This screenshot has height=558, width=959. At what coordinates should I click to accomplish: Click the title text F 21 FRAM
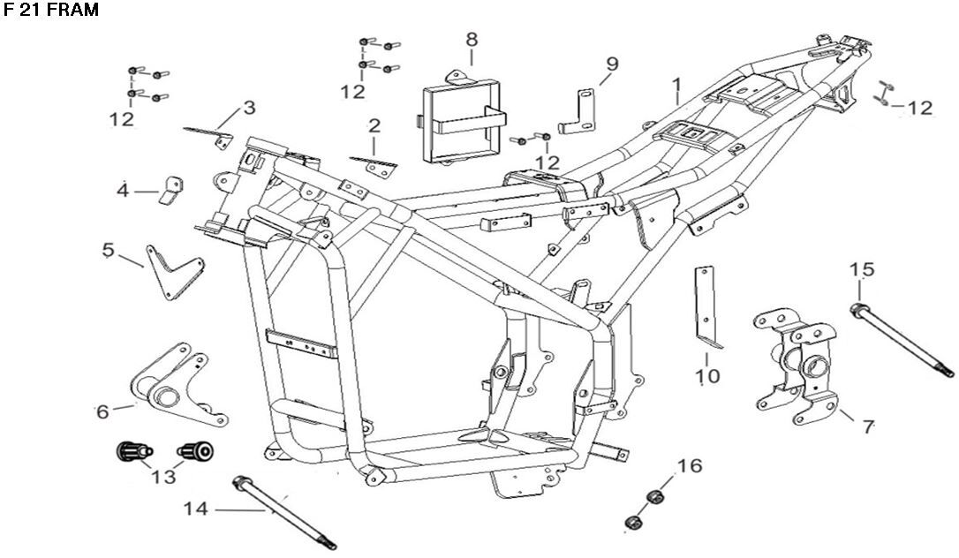51,11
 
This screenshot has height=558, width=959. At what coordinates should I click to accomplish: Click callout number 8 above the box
472,39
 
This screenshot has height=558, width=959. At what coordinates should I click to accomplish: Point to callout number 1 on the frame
676,86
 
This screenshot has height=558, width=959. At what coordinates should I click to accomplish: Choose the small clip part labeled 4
170,190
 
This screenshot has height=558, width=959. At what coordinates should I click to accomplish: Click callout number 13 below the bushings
163,477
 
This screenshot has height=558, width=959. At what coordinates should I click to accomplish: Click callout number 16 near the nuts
690,465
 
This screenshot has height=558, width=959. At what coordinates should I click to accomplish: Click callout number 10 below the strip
707,376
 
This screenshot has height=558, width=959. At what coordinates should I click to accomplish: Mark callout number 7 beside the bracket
868,426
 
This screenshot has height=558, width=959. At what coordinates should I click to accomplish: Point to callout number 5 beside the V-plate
109,250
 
